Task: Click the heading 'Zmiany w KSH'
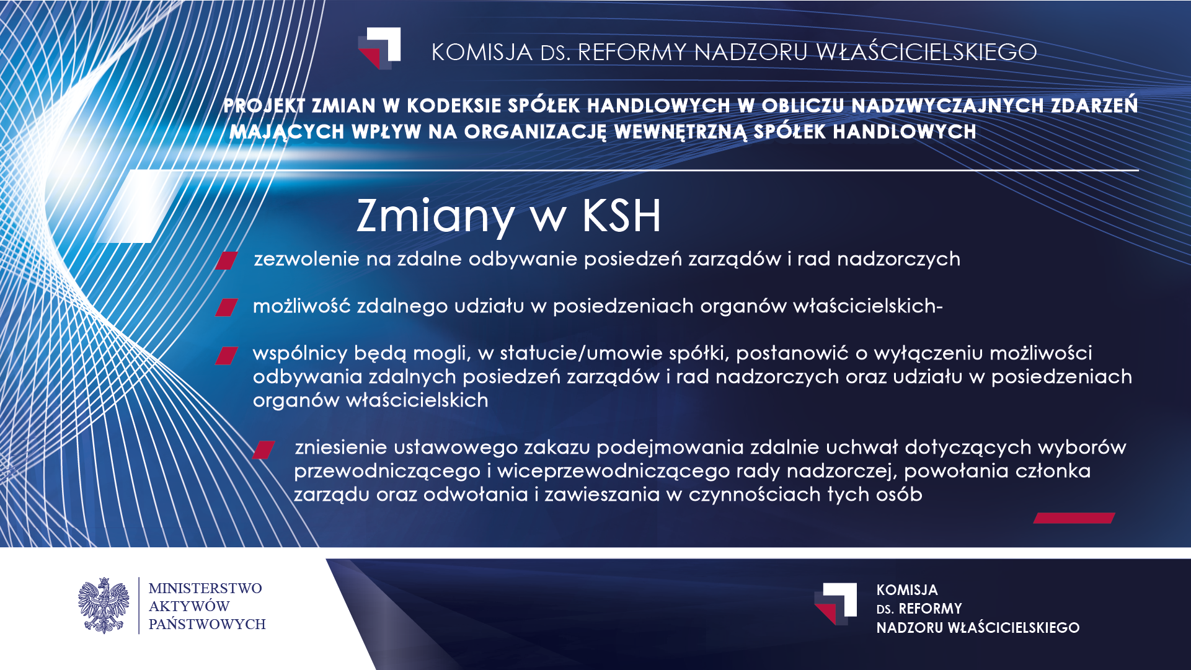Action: (x=509, y=216)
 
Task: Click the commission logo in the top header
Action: (x=379, y=48)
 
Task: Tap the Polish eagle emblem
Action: (x=104, y=606)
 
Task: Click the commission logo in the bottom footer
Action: (x=836, y=604)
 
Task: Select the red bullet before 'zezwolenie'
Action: (x=227, y=260)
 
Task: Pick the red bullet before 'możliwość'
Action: (x=226, y=307)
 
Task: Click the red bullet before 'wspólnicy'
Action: (x=226, y=355)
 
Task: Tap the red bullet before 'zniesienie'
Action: (x=263, y=450)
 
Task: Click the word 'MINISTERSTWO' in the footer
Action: (x=205, y=588)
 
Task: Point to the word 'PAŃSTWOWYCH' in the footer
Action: (x=207, y=624)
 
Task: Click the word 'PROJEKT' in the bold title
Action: (x=265, y=105)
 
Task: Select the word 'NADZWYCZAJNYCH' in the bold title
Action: (x=948, y=105)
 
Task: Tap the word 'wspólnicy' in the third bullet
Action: (x=300, y=354)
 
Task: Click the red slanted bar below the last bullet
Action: (x=1074, y=518)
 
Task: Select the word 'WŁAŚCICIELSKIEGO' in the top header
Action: (x=927, y=52)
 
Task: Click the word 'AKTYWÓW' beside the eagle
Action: (x=189, y=606)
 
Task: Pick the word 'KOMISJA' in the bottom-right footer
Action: (x=907, y=590)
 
